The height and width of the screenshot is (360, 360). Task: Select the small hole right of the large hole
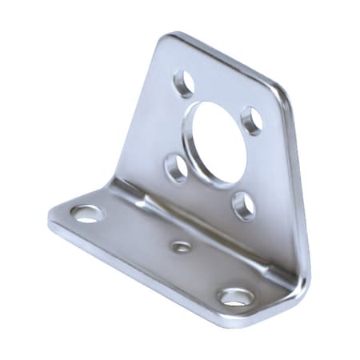pos(252,120)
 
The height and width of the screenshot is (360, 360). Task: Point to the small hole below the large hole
pos(243,206)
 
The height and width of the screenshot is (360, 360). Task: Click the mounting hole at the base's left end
pos(86,214)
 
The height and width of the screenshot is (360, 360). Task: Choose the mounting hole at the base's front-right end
pos(236,297)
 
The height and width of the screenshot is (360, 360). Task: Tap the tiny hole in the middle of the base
pos(182,247)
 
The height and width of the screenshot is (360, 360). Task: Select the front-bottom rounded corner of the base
pos(240,322)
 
